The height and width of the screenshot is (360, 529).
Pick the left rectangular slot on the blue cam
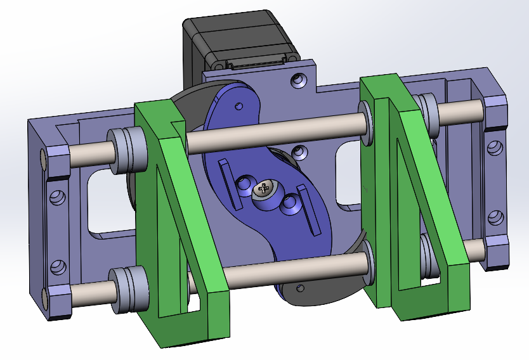click(227, 184)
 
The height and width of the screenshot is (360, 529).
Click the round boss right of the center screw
click(291, 203)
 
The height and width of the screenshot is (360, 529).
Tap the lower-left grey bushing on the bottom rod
click(126, 289)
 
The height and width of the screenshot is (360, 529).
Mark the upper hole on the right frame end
click(493, 149)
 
